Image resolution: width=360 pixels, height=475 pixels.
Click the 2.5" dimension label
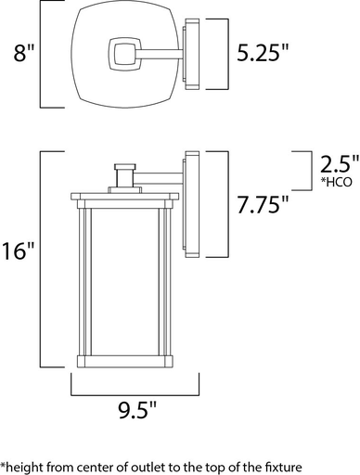336,165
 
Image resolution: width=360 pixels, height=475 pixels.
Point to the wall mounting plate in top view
192,55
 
